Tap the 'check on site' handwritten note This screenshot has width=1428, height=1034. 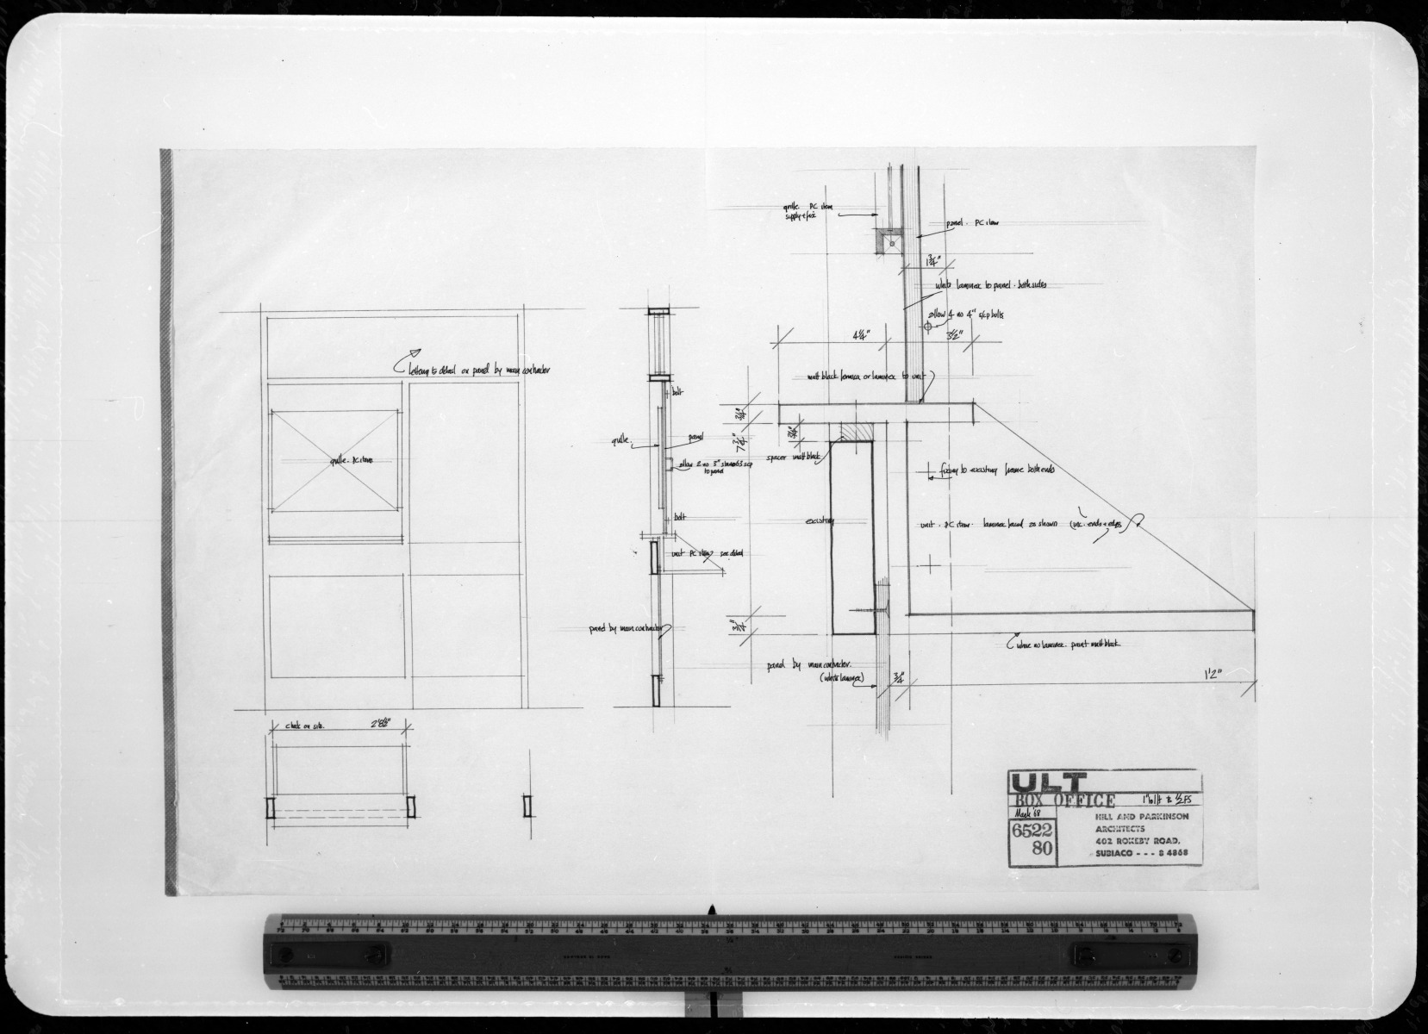298,728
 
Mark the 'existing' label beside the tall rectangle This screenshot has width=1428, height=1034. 820,521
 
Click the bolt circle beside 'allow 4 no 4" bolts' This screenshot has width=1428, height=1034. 927,327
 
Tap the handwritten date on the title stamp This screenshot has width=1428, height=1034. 1024,814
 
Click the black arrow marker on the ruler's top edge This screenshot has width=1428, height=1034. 713,908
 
